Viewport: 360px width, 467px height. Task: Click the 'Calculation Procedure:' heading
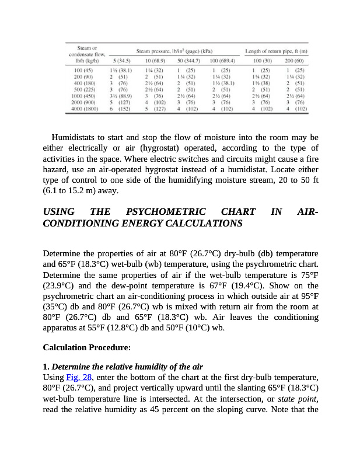click(x=86, y=347)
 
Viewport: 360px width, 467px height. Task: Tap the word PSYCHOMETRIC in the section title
click(x=166, y=211)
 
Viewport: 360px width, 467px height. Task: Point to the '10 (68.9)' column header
click(x=153, y=60)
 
